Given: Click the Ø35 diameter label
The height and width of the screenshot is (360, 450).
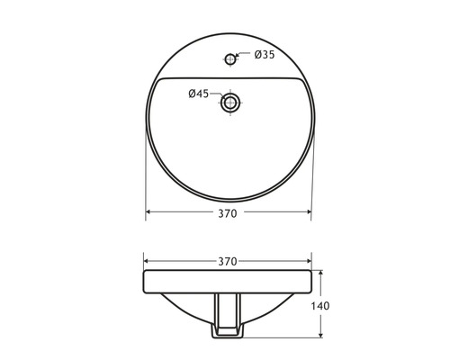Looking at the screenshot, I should [265, 56].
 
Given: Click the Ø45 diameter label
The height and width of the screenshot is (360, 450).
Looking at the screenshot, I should [199, 93].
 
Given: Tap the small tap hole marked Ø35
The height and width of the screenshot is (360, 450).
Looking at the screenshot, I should [230, 59].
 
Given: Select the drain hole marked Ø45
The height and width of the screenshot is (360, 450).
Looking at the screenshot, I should [230, 103].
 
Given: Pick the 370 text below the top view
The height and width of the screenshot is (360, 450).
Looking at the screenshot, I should [227, 214].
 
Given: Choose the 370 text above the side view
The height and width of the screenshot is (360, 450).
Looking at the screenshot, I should [227, 261].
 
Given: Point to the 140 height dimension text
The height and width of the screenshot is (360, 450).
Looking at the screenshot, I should [320, 306].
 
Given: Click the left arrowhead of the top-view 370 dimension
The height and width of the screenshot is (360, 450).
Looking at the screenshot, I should [149, 214].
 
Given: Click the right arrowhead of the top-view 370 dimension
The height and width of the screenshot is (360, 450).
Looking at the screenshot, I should [308, 214].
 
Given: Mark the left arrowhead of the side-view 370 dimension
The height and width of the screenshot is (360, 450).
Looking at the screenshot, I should [148, 261].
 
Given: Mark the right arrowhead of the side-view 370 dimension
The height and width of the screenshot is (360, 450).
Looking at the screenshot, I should [308, 261].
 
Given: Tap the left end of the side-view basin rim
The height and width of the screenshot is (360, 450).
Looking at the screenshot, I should [146, 281].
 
